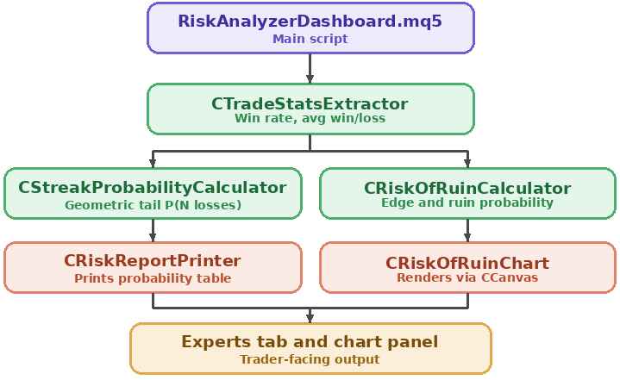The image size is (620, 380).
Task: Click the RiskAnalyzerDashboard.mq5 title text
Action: tap(310, 22)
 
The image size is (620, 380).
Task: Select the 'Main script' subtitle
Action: tap(310, 39)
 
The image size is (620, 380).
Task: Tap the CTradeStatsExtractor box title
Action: tap(310, 104)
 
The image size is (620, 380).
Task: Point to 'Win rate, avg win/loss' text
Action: tap(310, 119)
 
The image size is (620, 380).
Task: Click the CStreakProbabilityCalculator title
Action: tap(153, 188)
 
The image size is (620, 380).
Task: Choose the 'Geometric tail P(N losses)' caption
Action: tap(153, 205)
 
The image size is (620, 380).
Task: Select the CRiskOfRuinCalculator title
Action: tap(467, 189)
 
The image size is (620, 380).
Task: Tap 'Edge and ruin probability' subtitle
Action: tap(467, 203)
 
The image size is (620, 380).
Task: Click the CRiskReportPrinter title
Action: tap(153, 261)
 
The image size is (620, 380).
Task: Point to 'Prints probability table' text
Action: tap(153, 278)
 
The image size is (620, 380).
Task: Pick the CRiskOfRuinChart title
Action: tap(467, 263)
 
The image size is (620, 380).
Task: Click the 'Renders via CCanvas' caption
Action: tap(467, 277)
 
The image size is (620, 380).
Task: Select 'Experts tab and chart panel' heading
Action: tap(310, 342)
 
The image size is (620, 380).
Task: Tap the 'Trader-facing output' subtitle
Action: tap(310, 359)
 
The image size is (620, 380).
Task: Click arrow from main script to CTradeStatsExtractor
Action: tap(310, 68)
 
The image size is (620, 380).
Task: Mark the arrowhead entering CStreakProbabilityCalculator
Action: tap(153, 164)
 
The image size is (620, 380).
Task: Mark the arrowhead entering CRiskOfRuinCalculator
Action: tap(467, 164)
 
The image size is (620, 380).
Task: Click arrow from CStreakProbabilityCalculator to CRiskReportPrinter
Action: tap(153, 230)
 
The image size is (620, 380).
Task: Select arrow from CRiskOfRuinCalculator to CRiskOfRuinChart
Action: tap(467, 230)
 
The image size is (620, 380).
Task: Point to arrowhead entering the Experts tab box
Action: tap(310, 318)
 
